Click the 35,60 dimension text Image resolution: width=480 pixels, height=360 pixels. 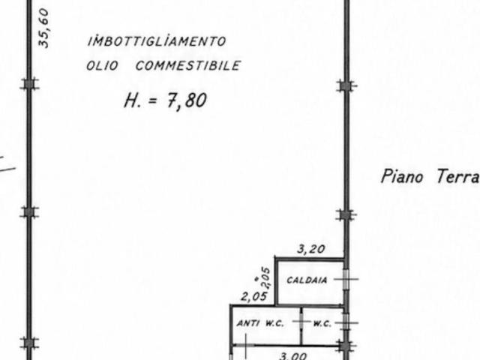coord(43,28)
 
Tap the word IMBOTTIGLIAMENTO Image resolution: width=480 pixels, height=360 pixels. coord(157,41)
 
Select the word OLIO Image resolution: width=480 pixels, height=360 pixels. coord(102,65)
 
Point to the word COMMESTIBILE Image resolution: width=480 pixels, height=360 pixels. coord(188,65)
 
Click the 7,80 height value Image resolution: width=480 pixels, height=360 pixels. coord(187,100)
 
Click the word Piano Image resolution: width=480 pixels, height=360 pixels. coord(402,177)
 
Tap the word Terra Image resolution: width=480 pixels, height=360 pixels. coord(458,177)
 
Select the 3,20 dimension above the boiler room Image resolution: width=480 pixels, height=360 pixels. coord(311,249)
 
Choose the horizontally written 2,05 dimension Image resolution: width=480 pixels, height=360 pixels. coord(254,296)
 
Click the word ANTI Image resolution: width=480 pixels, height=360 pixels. coord(248,323)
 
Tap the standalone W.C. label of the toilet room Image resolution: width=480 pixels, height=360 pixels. coord(322,323)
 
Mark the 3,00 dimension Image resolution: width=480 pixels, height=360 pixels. coord(293,355)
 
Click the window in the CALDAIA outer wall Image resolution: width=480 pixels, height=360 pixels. coord(346,279)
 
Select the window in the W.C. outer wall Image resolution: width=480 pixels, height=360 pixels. coord(346,322)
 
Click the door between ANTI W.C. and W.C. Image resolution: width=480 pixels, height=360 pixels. coord(301,322)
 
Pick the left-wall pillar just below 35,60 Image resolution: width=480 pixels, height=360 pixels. coord(29,84)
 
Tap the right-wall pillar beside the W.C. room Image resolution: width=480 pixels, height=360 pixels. coord(346,346)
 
